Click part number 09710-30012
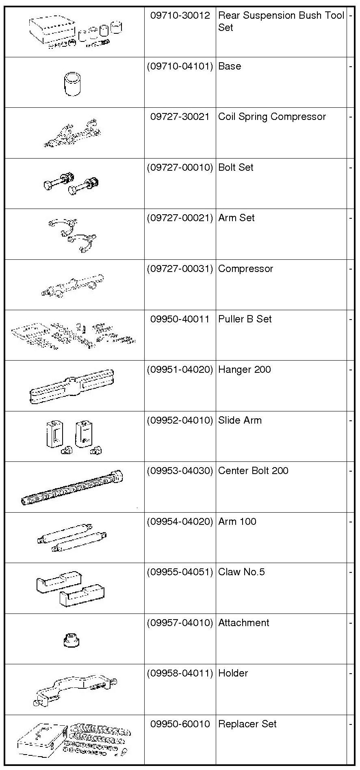(x=180, y=15)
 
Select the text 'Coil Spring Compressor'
(x=272, y=117)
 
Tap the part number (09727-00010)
(x=180, y=167)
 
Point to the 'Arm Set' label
(x=236, y=218)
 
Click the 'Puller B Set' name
(x=245, y=319)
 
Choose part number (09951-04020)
(x=180, y=370)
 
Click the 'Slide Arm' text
(x=240, y=420)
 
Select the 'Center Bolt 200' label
(x=253, y=471)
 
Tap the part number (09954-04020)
(x=180, y=522)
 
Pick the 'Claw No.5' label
(x=241, y=572)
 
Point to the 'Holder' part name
(x=233, y=673)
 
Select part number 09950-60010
(x=180, y=724)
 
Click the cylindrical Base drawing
(x=73, y=84)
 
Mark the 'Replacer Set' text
(x=247, y=724)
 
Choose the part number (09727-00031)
(x=180, y=269)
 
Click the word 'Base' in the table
(x=230, y=66)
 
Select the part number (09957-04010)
(x=180, y=623)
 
